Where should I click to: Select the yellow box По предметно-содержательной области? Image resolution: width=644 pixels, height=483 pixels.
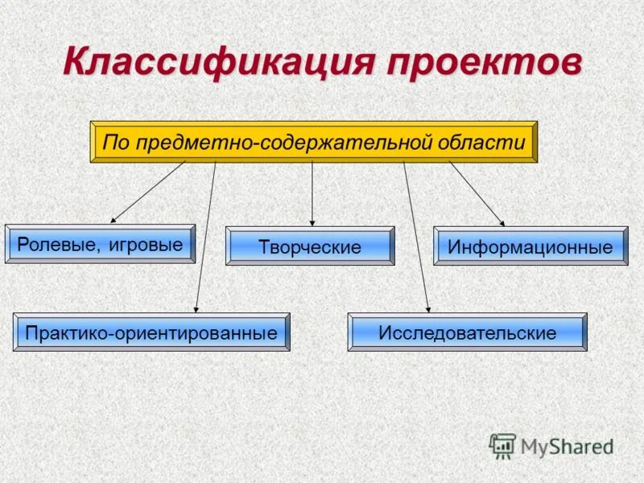point(313,142)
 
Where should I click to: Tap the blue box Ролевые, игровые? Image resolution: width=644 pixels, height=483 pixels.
point(100,244)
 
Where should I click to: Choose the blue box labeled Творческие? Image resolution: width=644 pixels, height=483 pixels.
point(310,246)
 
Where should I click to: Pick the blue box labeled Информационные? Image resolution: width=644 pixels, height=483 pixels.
point(530,246)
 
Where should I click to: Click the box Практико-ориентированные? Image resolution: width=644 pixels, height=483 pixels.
point(151,332)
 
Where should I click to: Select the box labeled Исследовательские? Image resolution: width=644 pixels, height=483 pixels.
point(468,332)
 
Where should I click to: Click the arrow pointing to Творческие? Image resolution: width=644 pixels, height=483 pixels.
point(312,193)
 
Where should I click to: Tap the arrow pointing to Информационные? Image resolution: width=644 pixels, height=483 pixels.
point(477,193)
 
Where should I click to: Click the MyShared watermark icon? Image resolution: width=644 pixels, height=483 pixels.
point(503,445)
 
